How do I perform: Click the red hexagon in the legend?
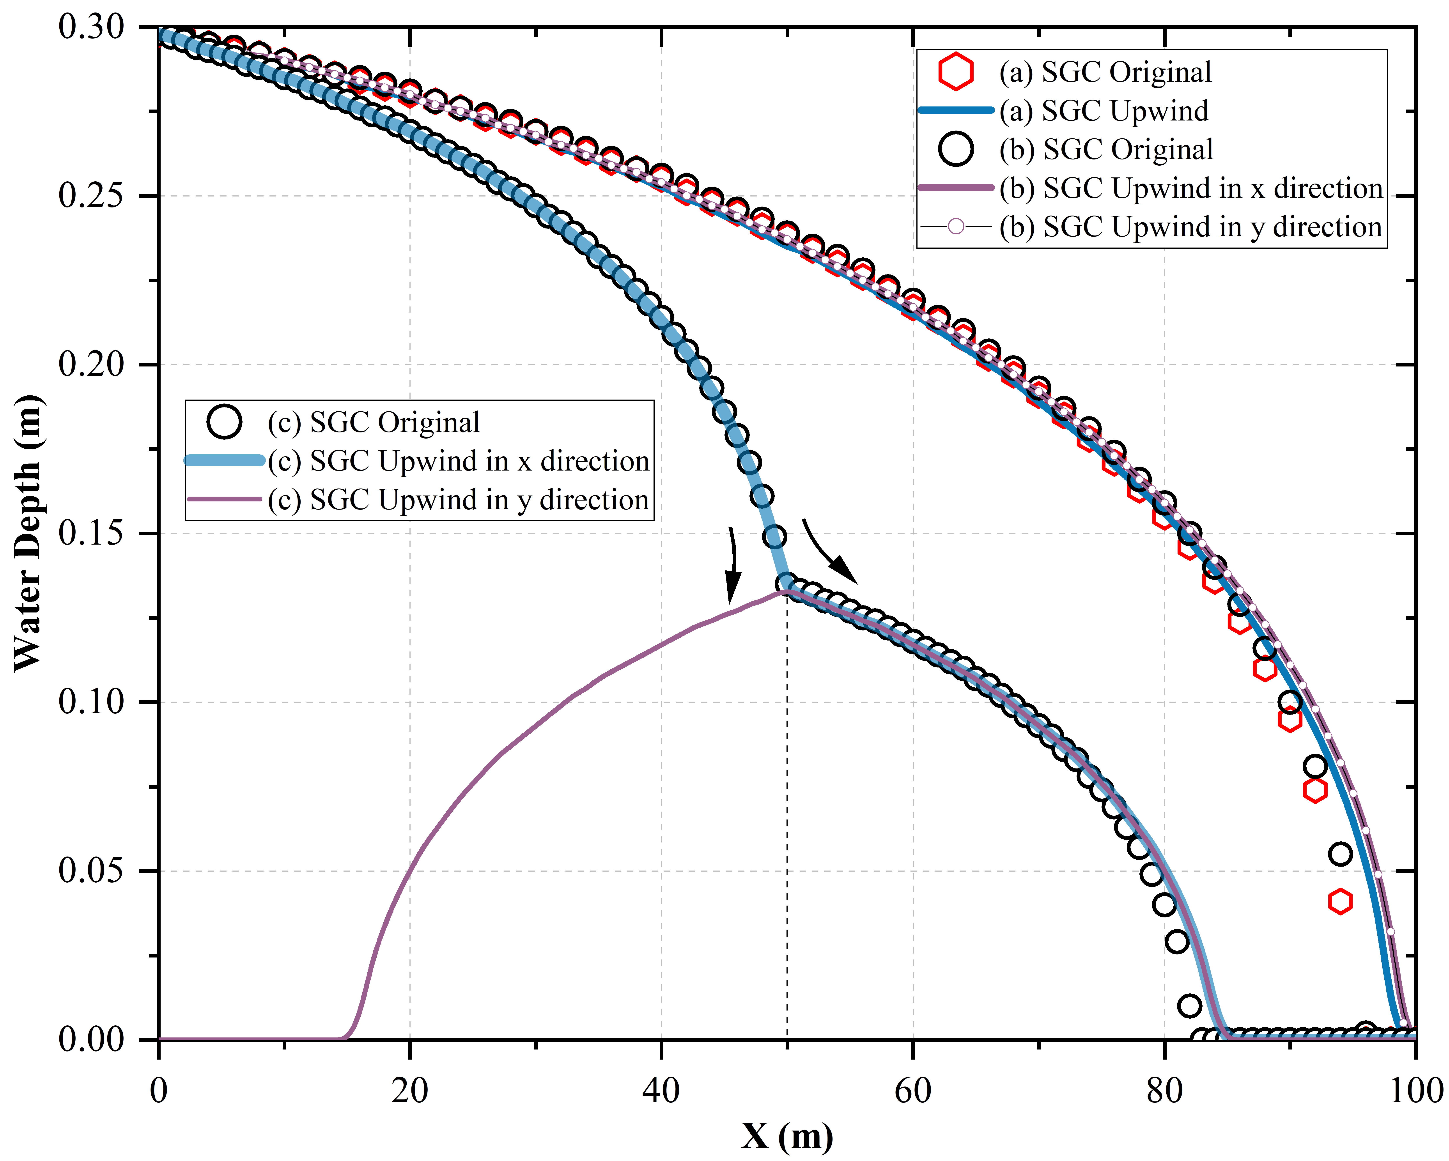point(956,72)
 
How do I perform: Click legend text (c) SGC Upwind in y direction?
point(458,500)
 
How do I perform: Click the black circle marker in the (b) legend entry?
point(956,149)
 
